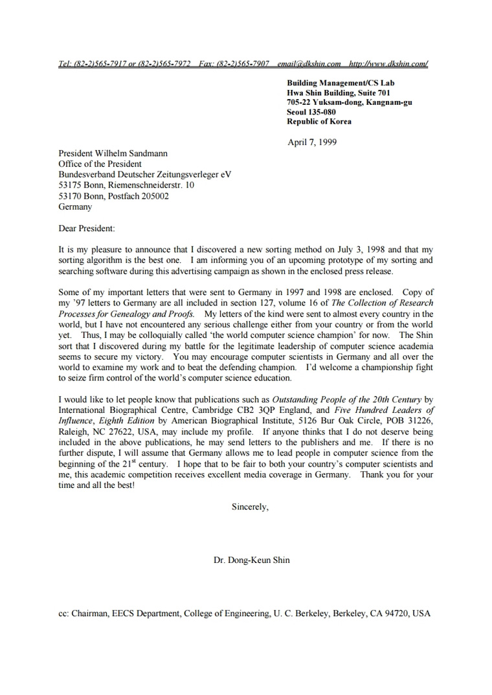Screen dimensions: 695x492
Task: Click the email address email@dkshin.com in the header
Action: [x=309, y=64]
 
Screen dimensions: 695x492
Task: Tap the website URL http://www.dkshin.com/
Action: [x=388, y=64]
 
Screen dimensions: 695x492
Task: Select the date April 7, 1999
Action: [x=312, y=142]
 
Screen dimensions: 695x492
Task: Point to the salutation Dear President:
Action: [x=87, y=228]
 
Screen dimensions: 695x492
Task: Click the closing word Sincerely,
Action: [x=250, y=507]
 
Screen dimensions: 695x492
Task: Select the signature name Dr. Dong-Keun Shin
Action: [x=252, y=560]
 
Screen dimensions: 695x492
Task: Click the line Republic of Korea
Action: [x=320, y=122]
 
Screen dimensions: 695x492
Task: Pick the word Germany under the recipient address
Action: [x=75, y=207]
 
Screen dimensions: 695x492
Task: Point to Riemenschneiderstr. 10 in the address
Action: [x=151, y=185]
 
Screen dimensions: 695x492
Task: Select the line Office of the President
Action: [x=100, y=164]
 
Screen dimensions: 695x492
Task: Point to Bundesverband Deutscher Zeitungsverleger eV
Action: [x=144, y=175]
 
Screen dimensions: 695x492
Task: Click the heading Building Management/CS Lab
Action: [x=341, y=83]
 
